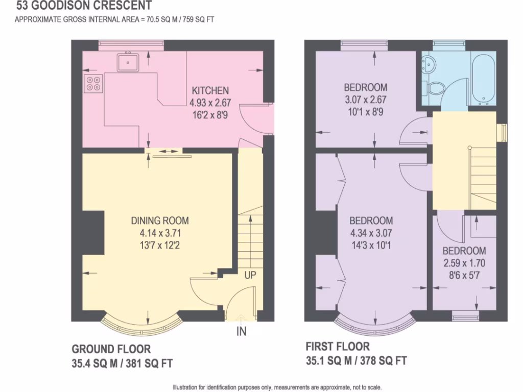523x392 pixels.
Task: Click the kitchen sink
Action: [x=128, y=62]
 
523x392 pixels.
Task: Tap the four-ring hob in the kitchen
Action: [x=93, y=83]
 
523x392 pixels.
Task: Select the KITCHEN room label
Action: [x=210, y=90]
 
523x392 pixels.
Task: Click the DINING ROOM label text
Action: [x=160, y=220]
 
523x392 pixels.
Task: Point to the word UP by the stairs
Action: [x=250, y=275]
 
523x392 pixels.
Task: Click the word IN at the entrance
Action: [x=241, y=332]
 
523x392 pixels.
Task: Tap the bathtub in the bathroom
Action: [x=483, y=80]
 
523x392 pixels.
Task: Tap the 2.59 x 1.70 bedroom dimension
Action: [x=464, y=263]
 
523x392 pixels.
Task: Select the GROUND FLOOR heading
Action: [x=111, y=349]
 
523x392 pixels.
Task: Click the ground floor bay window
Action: [x=141, y=325]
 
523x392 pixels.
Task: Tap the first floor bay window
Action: [x=374, y=325]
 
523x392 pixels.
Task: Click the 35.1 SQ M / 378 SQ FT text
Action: [x=356, y=361]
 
